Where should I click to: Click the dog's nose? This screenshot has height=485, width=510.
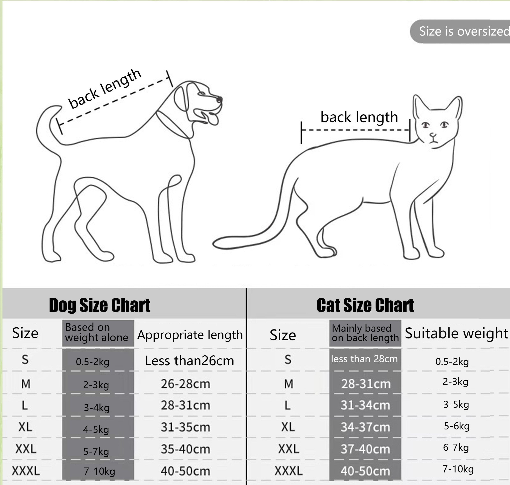point(219,100)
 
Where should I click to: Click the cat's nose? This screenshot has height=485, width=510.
point(433,135)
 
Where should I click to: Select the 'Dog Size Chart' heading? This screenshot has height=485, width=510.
point(100,305)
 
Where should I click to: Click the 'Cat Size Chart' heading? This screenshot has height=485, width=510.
point(365,305)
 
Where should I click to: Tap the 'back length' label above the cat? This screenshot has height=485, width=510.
point(359,117)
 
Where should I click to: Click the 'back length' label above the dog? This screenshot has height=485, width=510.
point(105,88)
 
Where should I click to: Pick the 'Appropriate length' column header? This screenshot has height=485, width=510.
point(190,335)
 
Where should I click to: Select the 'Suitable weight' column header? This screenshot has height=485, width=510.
point(456,333)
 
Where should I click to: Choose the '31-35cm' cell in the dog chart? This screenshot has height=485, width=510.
point(185,427)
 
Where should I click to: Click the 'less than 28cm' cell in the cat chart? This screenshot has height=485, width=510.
point(364,359)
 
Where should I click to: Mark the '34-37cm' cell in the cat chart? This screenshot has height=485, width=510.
point(365,427)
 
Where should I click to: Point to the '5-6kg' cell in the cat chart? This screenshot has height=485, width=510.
point(457,426)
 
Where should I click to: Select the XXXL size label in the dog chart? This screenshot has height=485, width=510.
point(26,471)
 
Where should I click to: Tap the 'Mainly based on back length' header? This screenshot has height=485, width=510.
point(365,333)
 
